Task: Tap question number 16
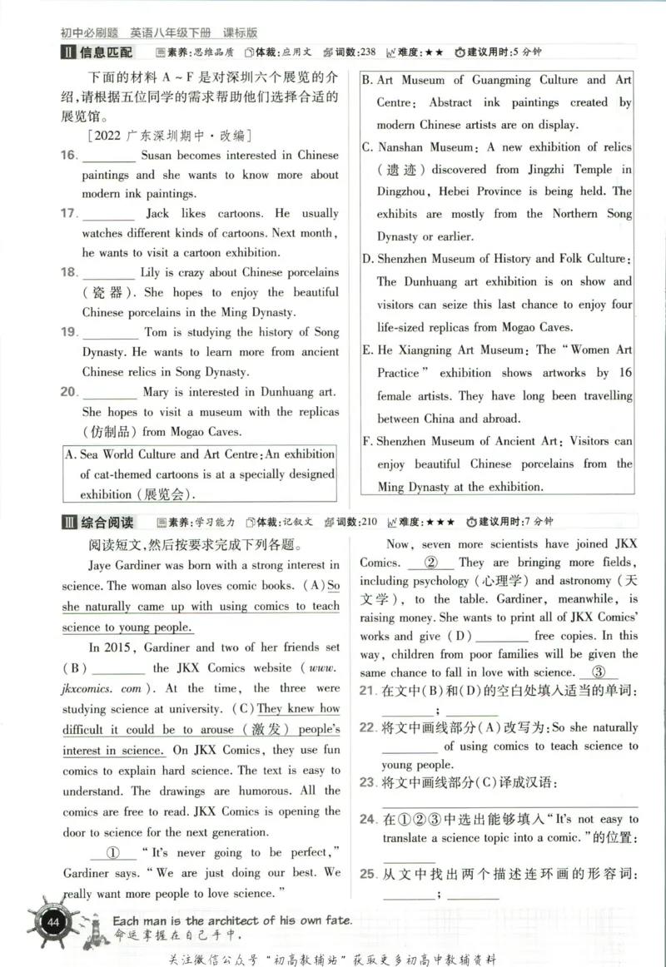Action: point(69,156)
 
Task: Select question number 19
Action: point(69,332)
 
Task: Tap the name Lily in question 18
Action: point(150,273)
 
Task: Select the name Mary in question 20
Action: point(156,392)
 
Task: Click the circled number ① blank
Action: point(114,853)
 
